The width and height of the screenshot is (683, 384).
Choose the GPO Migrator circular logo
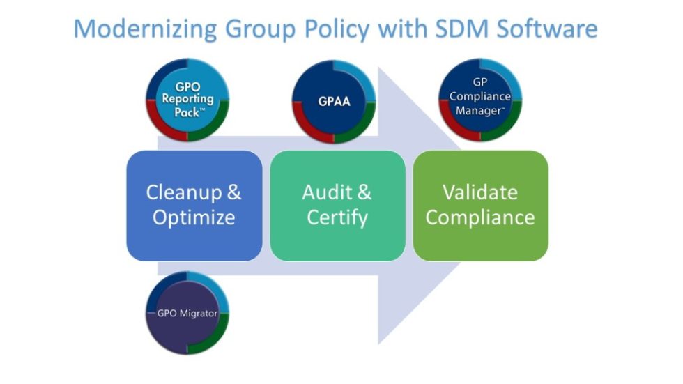(187, 314)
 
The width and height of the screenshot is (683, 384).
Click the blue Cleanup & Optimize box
(194, 206)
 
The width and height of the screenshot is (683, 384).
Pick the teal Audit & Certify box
(337, 206)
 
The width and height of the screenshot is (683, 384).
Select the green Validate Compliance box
(480, 206)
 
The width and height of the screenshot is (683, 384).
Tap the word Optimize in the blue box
(194, 218)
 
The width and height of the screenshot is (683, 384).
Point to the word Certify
(337, 218)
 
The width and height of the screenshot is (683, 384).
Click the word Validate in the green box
(480, 193)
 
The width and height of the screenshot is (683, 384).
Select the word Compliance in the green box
(480, 218)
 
